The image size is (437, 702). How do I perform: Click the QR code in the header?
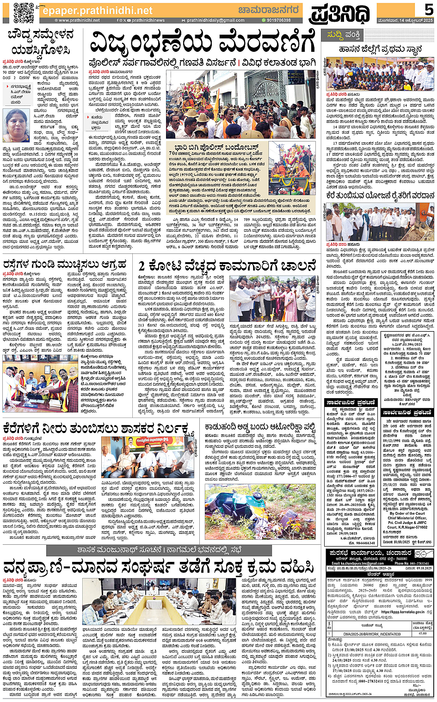tap(23, 12)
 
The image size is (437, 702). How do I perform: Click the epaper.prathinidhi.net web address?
tap(97, 10)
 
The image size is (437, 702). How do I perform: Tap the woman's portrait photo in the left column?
tap(16, 125)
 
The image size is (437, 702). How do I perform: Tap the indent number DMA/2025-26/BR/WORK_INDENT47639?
tap(372, 634)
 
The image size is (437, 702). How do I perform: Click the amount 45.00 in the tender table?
tap(422, 634)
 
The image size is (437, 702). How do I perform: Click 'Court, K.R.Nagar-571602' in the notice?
tap(407, 527)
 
